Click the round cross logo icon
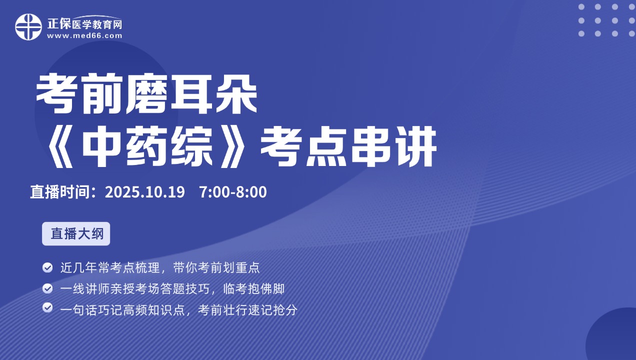[28, 27]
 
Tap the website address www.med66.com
[84, 36]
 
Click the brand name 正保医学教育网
[84, 24]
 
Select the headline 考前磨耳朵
[146, 93]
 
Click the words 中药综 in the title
[147, 147]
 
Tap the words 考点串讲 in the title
[348, 147]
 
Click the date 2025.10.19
[145, 192]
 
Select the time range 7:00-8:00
[233, 192]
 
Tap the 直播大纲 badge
[76, 233]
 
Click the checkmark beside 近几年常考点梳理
[47, 267]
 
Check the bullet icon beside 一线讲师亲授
[47, 288]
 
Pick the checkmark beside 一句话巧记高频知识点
[47, 307]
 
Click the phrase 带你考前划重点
[216, 267]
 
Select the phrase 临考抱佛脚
[254, 288]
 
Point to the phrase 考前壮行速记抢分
[247, 309]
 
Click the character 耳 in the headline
[191, 93]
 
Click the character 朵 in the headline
[236, 93]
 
